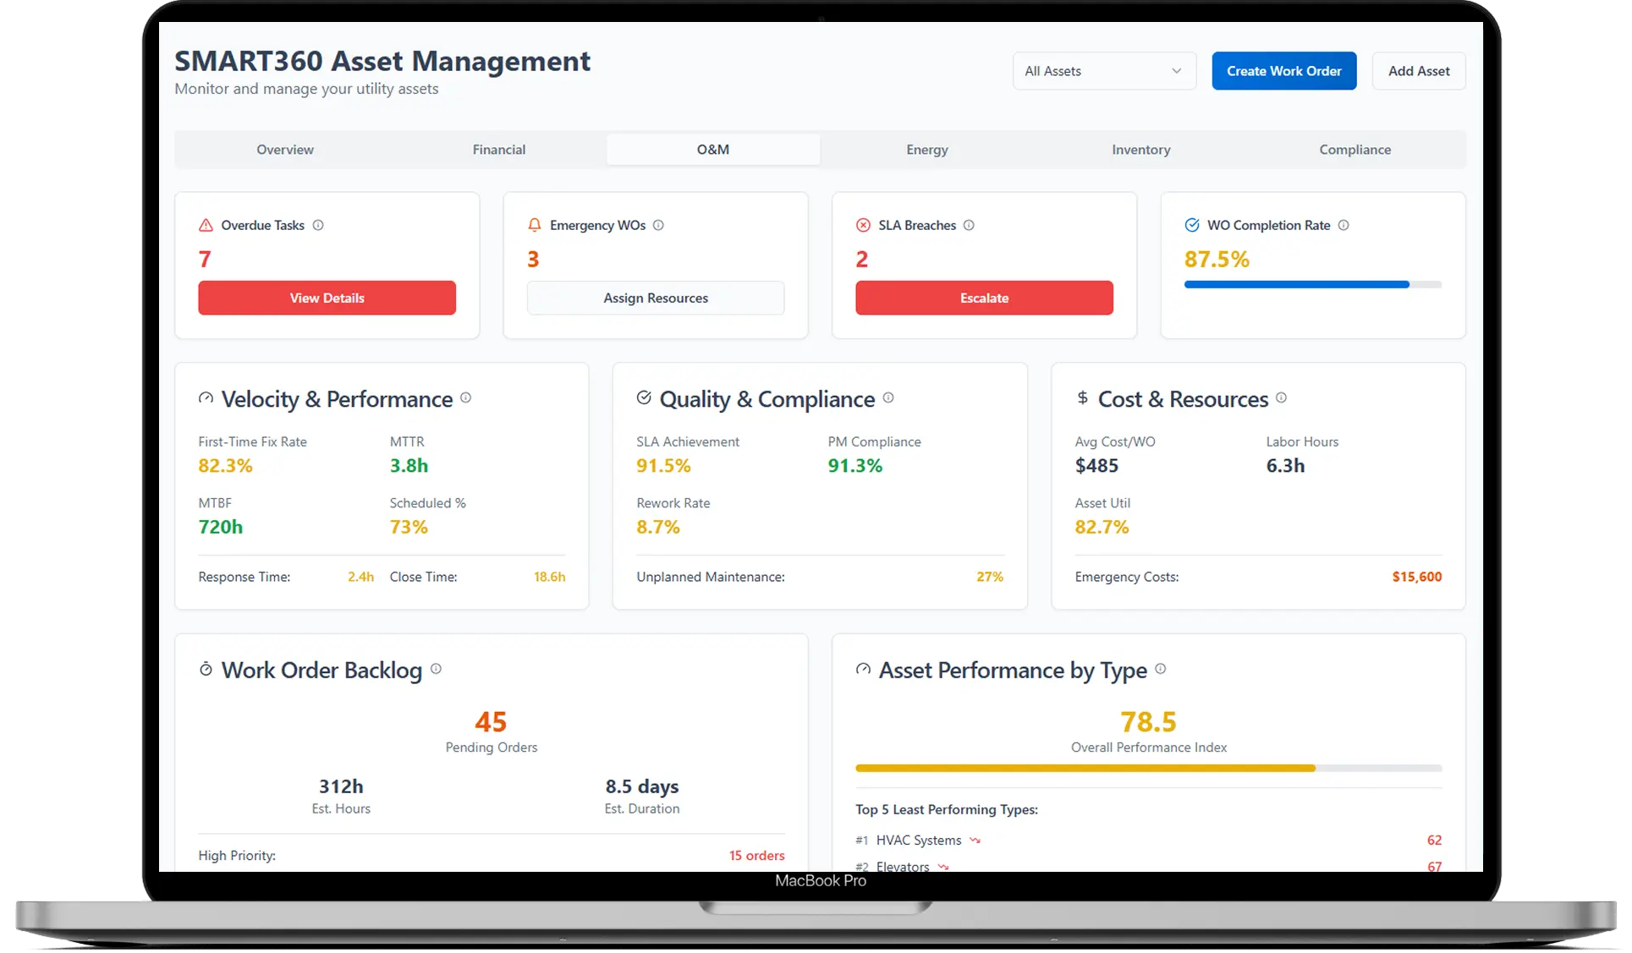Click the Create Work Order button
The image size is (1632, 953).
pos(1283,71)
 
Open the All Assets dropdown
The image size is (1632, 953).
pos(1103,71)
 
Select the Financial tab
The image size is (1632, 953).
pos(498,150)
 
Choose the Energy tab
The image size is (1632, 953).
pos(926,150)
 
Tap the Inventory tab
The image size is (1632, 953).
pos(1140,150)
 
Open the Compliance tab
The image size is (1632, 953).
pos(1355,150)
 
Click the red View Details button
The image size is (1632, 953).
pos(327,298)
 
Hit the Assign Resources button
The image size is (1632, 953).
pos(655,298)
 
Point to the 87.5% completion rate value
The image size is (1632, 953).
pos(1217,260)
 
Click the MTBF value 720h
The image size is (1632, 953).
pos(220,527)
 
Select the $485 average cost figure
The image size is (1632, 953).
pos(1096,466)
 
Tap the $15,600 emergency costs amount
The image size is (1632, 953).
pos(1416,577)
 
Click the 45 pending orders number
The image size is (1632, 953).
pos(491,722)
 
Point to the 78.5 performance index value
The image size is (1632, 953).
pos(1148,722)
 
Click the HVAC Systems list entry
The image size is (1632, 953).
pos(919,840)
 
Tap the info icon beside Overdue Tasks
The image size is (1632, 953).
pos(318,225)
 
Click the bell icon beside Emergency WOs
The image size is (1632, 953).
pos(534,225)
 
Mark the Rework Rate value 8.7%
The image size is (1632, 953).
pos(658,527)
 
